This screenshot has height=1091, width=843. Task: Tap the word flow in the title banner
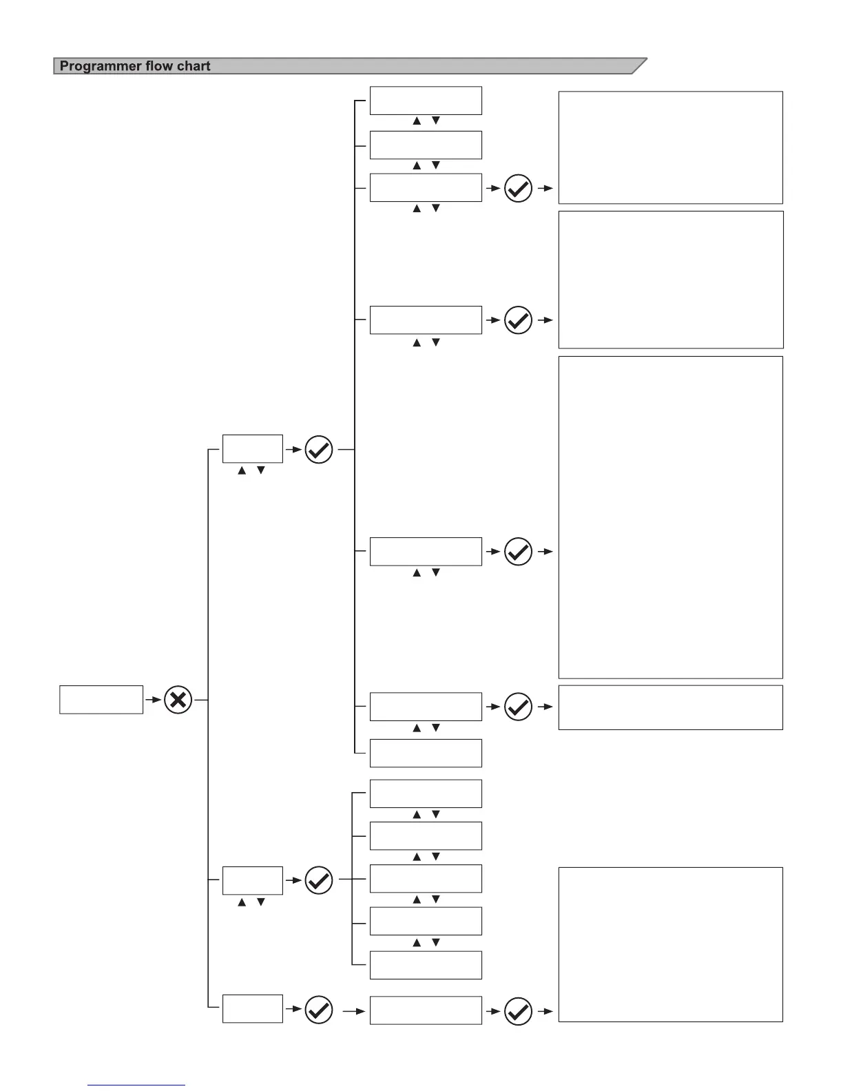[x=160, y=66]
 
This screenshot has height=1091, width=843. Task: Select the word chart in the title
[x=194, y=66]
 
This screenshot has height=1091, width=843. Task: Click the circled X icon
[x=178, y=700]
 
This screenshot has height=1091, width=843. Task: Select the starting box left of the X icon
[x=101, y=700]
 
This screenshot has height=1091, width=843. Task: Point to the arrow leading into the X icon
[x=153, y=700]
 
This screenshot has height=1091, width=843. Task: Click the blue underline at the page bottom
[x=136, y=1085]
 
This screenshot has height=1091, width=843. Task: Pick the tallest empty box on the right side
[x=670, y=517]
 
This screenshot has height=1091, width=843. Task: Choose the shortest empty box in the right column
[x=670, y=707]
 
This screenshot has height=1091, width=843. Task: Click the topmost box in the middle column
[x=426, y=101]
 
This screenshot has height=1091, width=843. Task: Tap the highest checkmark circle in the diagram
[x=518, y=188]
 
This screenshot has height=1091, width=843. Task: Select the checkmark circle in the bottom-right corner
[x=518, y=1012]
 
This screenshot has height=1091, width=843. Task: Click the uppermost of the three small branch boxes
[x=252, y=449]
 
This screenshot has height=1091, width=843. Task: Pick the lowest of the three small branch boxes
[x=252, y=1009]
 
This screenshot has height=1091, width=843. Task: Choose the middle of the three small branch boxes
[x=252, y=880]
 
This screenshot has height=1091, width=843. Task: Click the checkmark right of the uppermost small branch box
[x=319, y=450]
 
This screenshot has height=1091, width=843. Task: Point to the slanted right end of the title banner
[x=639, y=66]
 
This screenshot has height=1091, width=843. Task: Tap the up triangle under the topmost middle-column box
[x=417, y=121]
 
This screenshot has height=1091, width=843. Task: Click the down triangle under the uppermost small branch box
[x=261, y=470]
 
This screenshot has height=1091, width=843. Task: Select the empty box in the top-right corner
[x=670, y=147]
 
